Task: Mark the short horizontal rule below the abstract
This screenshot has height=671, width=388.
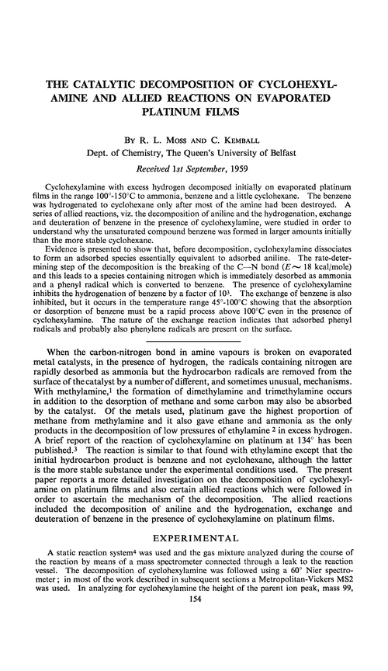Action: click(193, 363)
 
